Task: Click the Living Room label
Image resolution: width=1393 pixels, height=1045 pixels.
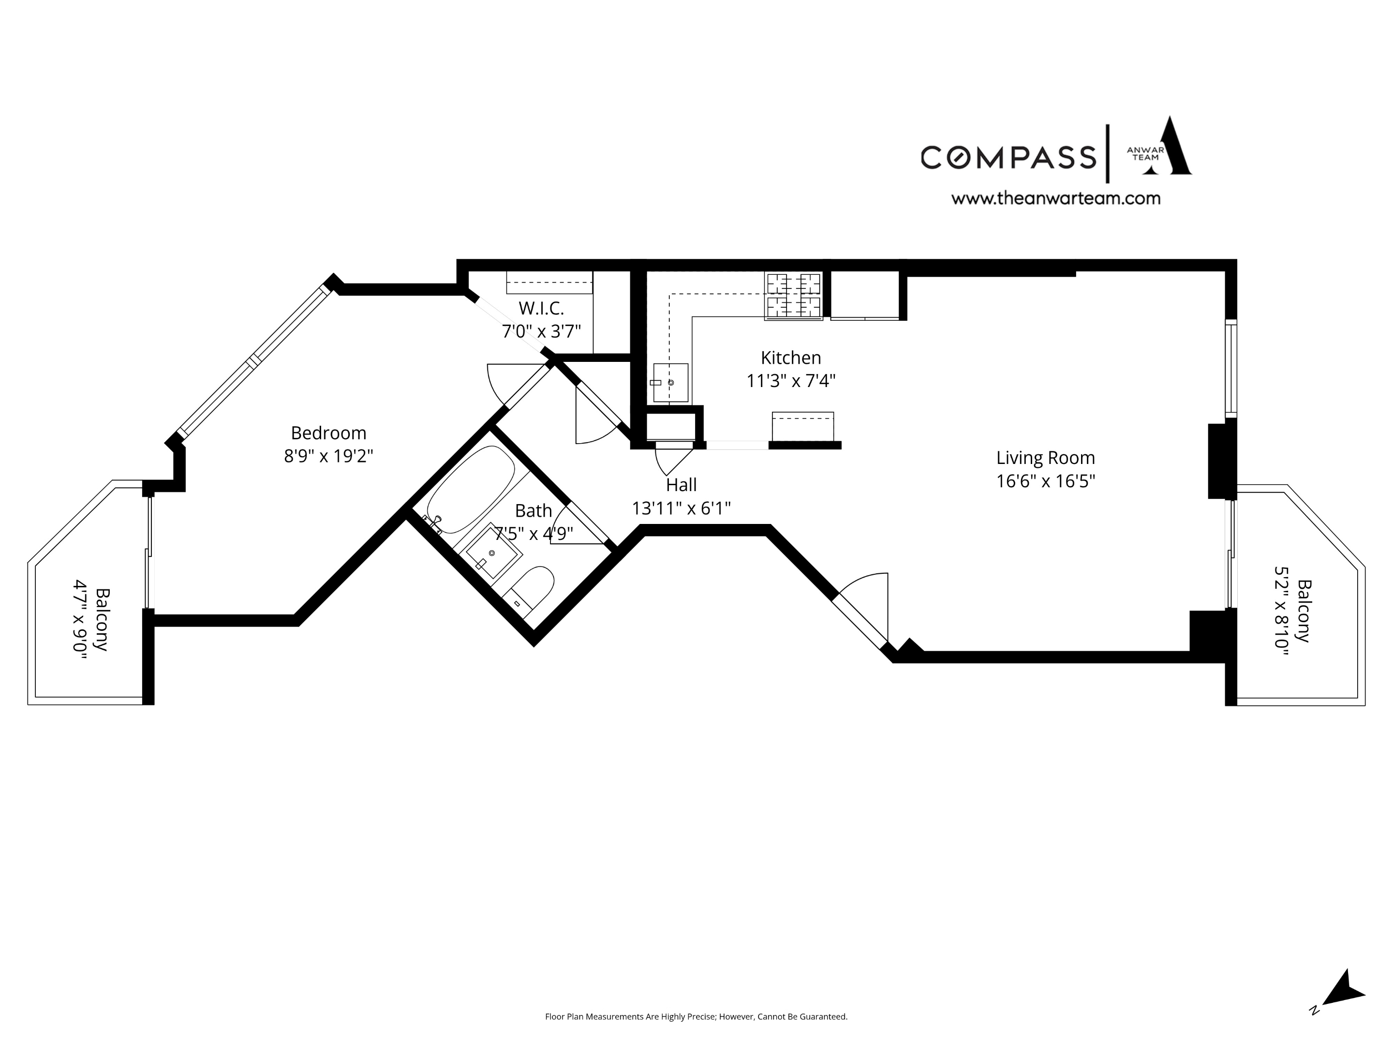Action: point(1045,458)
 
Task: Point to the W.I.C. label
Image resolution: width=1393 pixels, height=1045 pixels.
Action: point(541,309)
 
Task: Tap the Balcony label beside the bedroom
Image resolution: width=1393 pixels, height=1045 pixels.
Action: point(102,620)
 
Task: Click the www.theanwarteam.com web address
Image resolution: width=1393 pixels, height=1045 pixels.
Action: point(1055,199)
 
